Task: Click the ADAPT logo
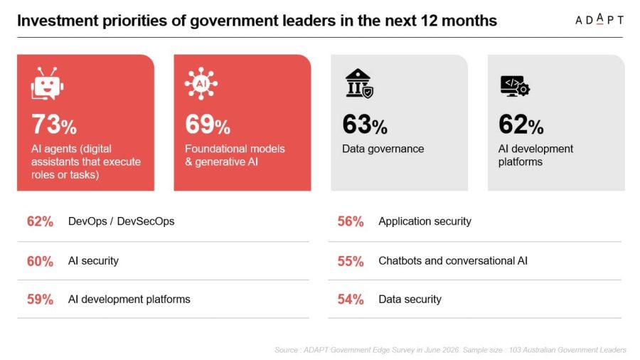[x=599, y=19]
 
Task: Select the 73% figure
[x=54, y=124]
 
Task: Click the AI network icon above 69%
[x=201, y=84]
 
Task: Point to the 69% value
[x=208, y=124]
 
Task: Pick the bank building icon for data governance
[x=359, y=83]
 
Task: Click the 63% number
[x=365, y=124]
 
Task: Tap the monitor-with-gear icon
[x=515, y=86]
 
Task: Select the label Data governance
[x=383, y=149]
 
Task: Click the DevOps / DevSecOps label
[x=121, y=221]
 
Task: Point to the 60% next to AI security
[x=40, y=261]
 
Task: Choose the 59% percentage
[x=40, y=300]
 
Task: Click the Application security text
[x=425, y=221]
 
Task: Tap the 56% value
[x=351, y=221]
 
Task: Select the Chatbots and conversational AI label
[x=453, y=261]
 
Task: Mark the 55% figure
[x=351, y=261]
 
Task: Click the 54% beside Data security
[x=351, y=300]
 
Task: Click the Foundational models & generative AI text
[x=235, y=155]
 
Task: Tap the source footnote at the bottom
[x=450, y=350]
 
